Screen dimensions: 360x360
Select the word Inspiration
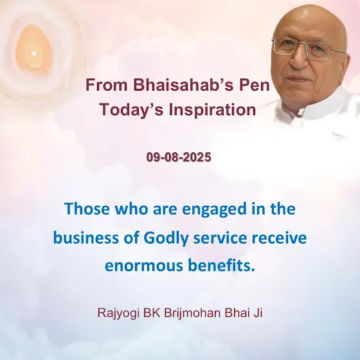[x=212, y=109]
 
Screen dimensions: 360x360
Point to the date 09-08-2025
[x=179, y=157]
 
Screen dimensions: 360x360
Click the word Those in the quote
[x=87, y=209]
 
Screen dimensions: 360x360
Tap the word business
[x=86, y=238]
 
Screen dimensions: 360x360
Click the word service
[x=220, y=238]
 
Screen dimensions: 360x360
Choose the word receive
[x=279, y=238]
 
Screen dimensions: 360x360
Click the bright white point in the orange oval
[x=33, y=54]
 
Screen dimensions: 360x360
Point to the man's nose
[x=299, y=59]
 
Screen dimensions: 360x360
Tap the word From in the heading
[x=106, y=85]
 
